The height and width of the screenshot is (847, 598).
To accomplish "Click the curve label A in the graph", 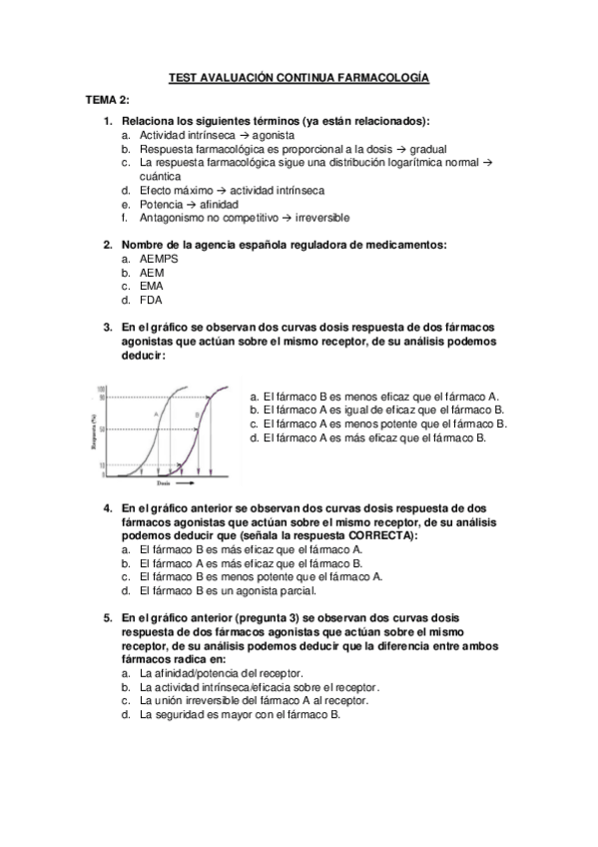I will [156, 413].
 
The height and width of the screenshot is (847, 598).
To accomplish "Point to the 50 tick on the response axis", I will [103, 429].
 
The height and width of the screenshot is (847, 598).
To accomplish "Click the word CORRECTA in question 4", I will [381, 535].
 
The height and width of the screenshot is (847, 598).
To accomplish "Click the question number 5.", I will [108, 618].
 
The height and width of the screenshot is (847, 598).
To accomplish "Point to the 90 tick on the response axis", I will [103, 398].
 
